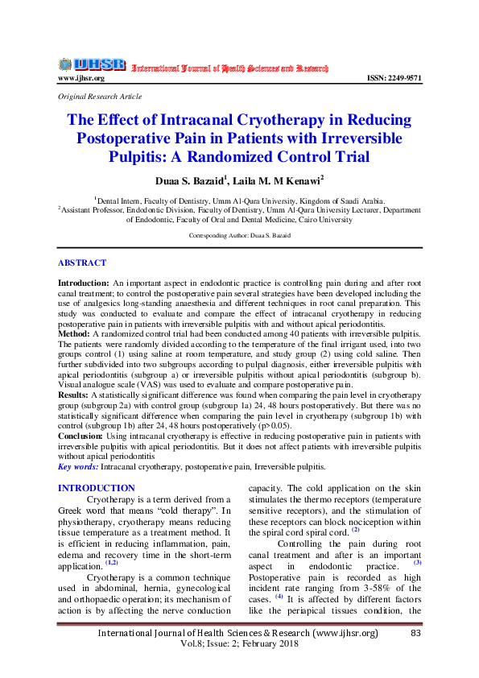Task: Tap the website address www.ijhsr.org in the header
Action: point(81,79)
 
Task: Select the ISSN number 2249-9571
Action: point(393,79)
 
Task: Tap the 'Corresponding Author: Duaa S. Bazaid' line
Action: point(240,236)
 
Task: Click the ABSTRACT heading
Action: point(82,263)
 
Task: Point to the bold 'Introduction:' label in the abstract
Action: point(84,284)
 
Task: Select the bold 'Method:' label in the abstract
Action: point(75,332)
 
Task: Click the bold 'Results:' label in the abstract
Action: point(74,396)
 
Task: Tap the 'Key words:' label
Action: point(78,467)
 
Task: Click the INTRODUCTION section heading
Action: point(97,488)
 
